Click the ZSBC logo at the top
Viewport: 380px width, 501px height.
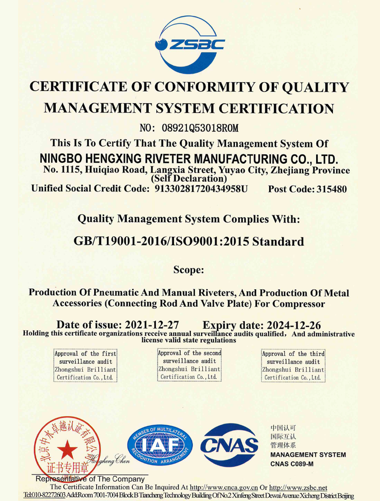(x=190, y=45)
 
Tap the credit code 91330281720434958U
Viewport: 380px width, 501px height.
(x=201, y=189)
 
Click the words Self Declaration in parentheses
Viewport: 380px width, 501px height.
(x=189, y=179)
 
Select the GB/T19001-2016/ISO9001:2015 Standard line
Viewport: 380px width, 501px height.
(x=189, y=242)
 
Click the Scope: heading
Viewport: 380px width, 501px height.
(x=189, y=270)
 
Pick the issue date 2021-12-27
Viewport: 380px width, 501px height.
(x=152, y=325)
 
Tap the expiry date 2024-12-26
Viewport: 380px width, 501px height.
(x=293, y=326)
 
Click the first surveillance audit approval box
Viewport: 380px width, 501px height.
(x=85, y=365)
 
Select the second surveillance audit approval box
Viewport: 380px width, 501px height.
(x=189, y=365)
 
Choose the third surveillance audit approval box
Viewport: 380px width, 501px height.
(x=293, y=365)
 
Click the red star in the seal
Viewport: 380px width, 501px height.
(x=68, y=450)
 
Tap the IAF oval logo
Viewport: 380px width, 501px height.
(x=160, y=445)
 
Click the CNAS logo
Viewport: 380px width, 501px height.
(x=229, y=445)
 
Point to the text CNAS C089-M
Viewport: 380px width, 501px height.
(x=292, y=464)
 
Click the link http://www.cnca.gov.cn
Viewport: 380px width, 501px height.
(x=224, y=487)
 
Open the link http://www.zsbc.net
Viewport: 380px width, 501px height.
(x=298, y=487)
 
